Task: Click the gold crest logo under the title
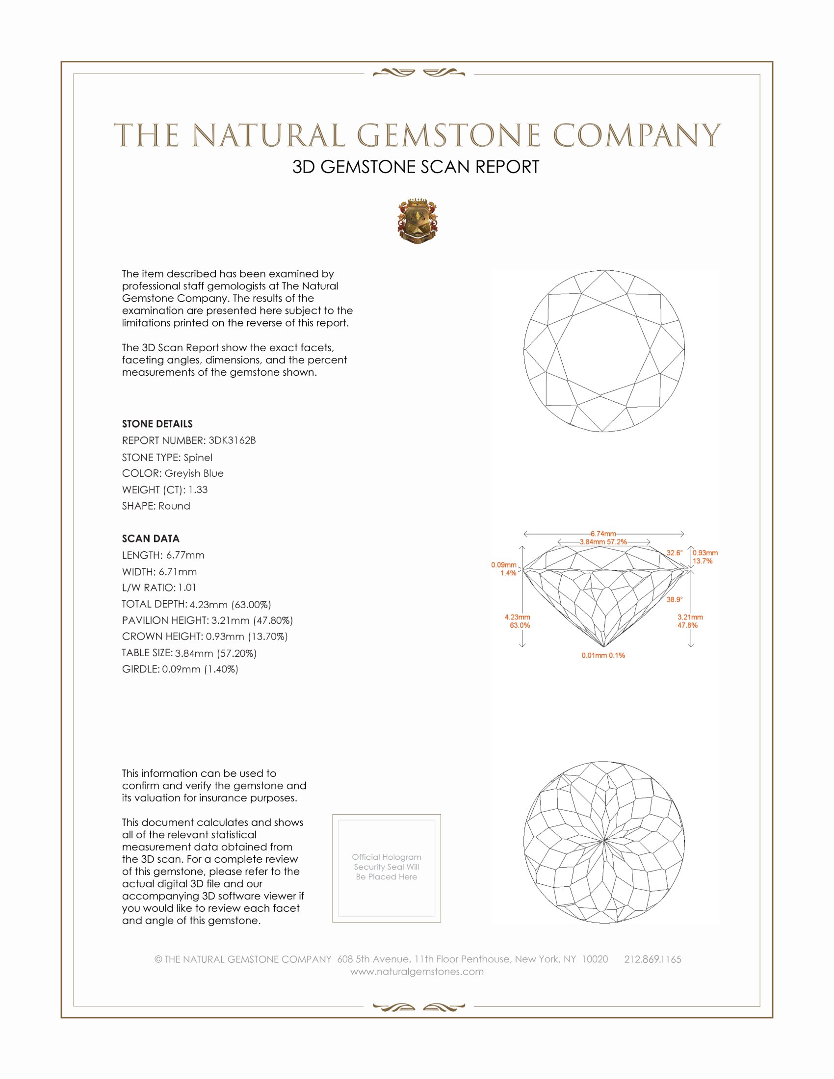click(x=417, y=221)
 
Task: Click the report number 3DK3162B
click(x=232, y=440)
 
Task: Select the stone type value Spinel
click(x=198, y=458)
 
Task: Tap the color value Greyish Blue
click(x=194, y=473)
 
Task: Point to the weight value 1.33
click(x=198, y=489)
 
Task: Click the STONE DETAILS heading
click(x=157, y=424)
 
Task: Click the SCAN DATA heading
click(x=151, y=539)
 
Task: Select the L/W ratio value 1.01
click(x=187, y=588)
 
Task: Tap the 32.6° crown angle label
click(x=675, y=553)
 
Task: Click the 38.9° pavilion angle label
click(x=675, y=599)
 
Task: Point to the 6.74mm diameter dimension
click(x=603, y=534)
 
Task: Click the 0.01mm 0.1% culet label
click(x=603, y=656)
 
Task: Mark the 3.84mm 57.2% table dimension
click(x=603, y=541)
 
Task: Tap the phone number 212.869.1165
click(x=652, y=959)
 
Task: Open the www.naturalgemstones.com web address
click(x=417, y=972)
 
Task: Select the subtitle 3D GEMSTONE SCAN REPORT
click(x=416, y=167)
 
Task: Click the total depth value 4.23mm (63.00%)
click(x=230, y=604)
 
